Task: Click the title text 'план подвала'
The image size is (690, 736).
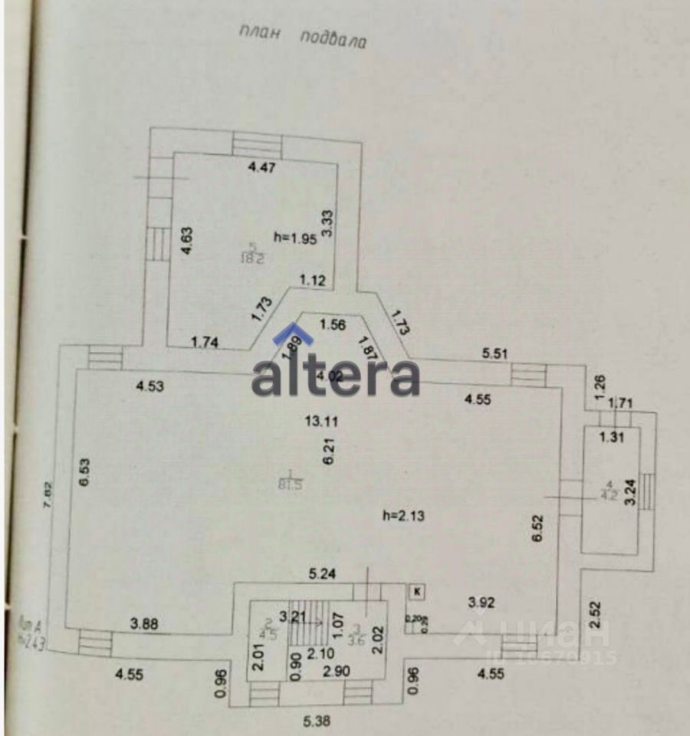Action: click(x=302, y=37)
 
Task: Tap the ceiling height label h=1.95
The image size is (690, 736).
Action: click(x=296, y=237)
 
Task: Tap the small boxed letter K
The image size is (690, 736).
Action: click(x=417, y=591)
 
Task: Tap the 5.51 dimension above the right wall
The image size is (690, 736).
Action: click(x=495, y=353)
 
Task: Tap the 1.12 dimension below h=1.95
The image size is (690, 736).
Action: click(x=313, y=281)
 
